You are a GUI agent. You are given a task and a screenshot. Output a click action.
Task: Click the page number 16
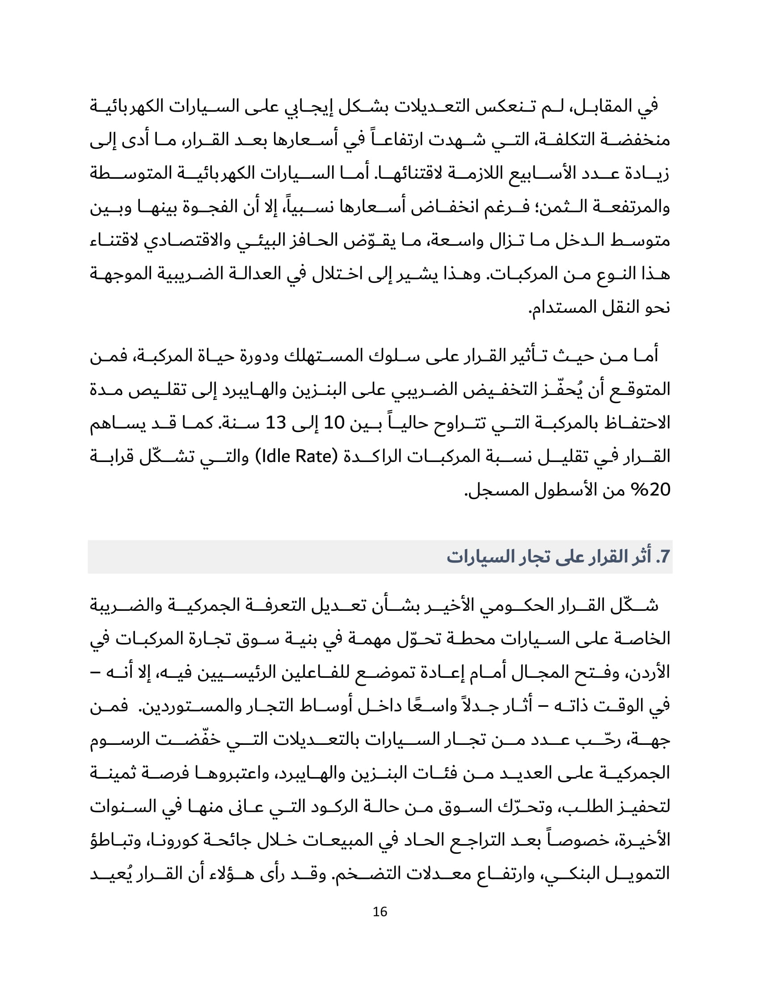click(380, 912)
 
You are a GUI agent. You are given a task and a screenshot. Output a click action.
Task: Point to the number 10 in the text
click(334, 423)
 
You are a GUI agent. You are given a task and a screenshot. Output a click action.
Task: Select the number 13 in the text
click(275, 423)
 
